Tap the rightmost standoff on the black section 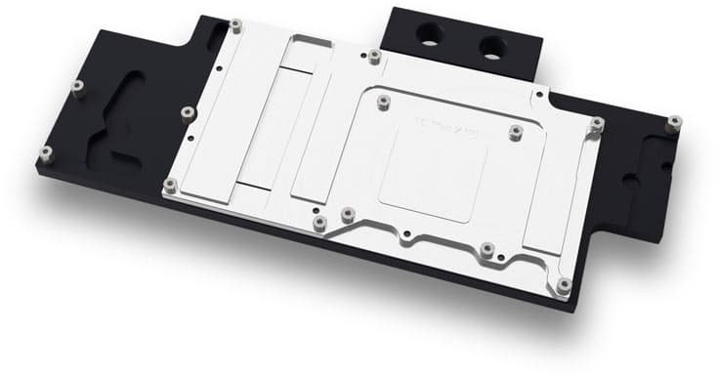click(x=674, y=122)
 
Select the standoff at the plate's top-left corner click(x=236, y=21)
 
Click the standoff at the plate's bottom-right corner click(x=564, y=285)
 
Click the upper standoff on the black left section click(x=76, y=87)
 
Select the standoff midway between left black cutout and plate click(x=182, y=110)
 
